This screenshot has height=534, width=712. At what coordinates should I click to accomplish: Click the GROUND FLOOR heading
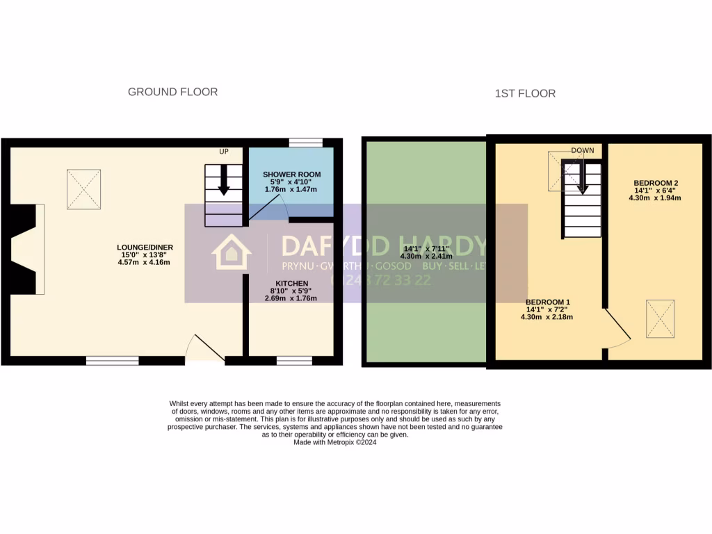172,92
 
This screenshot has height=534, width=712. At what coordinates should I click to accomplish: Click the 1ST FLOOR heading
525,93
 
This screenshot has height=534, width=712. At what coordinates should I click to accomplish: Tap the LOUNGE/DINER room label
145,247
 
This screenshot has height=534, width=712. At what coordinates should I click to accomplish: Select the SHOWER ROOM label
292,174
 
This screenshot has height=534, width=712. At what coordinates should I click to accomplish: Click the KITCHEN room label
291,283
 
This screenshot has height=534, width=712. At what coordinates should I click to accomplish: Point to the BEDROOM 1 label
547,302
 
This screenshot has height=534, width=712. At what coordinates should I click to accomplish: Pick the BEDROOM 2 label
656,183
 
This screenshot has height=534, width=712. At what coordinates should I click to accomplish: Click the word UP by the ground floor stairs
224,151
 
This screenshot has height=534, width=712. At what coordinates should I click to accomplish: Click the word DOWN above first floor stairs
583,150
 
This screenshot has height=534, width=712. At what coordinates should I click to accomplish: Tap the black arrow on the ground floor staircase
224,180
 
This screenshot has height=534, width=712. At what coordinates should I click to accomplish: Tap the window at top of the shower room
306,143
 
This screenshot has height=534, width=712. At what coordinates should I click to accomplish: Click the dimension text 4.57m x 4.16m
145,262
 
